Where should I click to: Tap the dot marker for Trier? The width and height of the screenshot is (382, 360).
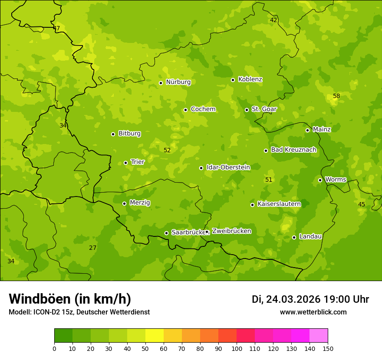pyautogui.click(x=125, y=163)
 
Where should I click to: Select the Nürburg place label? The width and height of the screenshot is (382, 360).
pyautogui.click(x=178, y=82)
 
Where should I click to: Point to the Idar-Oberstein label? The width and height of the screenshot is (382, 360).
pyautogui.click(x=228, y=167)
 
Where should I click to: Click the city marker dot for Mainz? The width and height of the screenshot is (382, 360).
pyautogui.click(x=307, y=130)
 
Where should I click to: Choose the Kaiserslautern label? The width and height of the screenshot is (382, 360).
pyautogui.click(x=279, y=204)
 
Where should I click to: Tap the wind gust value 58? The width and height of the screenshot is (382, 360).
pyautogui.click(x=336, y=96)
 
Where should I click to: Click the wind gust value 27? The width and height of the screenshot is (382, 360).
pyautogui.click(x=92, y=248)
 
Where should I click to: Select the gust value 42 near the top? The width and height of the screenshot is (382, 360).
pyautogui.click(x=273, y=20)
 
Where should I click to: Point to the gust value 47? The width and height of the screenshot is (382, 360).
pyautogui.click(x=56, y=29)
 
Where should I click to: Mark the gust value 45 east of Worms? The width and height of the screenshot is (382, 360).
pyautogui.click(x=362, y=204)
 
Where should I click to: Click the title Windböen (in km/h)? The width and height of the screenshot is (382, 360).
pyautogui.click(x=70, y=299)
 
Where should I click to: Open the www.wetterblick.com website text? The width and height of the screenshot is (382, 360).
pyautogui.click(x=313, y=312)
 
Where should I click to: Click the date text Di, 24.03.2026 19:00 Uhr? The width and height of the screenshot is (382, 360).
pyautogui.click(x=310, y=299)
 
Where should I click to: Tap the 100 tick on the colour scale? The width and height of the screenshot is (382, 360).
pyautogui.click(x=237, y=348)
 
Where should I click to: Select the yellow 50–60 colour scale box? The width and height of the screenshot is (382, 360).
pyautogui.click(x=155, y=336)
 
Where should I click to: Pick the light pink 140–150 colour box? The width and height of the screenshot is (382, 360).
pyautogui.click(x=319, y=336)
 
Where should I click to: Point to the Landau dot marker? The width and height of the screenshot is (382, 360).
pyautogui.click(x=294, y=237)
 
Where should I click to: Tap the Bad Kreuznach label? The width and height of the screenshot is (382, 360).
pyautogui.click(x=293, y=150)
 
